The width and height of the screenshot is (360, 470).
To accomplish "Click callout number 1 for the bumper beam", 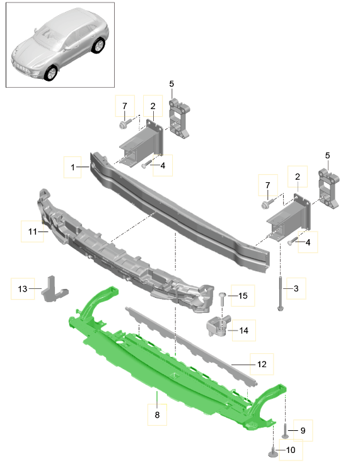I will [x=73, y=168].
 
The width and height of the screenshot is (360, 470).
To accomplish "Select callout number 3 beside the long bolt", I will [x=296, y=289].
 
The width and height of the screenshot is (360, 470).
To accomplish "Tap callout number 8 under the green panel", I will [x=157, y=415].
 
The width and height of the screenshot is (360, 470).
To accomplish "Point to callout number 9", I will [x=302, y=430].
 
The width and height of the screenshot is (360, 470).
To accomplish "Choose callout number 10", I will [x=291, y=450].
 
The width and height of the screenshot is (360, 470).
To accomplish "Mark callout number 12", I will [x=262, y=364].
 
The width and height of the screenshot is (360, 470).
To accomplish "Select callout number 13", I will [x=23, y=289].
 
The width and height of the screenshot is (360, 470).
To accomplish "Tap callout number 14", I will [x=243, y=330].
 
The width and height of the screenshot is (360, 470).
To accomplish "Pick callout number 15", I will [x=243, y=295].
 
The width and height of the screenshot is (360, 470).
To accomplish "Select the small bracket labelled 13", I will [x=50, y=291].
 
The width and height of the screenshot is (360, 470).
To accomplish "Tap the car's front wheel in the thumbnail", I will [x=51, y=73].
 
